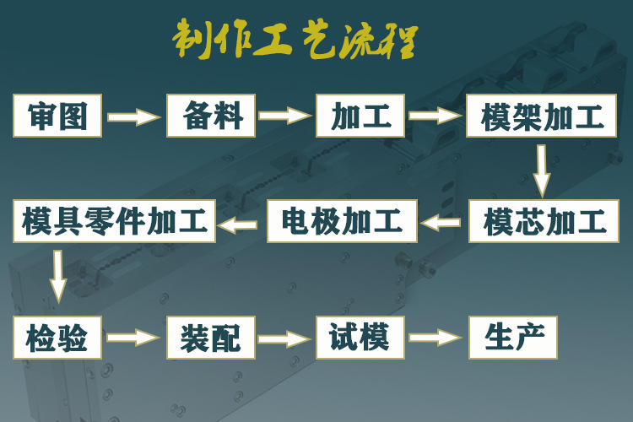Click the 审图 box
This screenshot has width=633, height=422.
click(x=58, y=116)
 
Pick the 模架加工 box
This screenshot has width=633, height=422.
click(x=543, y=116)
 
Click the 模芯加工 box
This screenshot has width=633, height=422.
click(x=543, y=222)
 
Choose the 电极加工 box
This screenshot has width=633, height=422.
click(x=343, y=222)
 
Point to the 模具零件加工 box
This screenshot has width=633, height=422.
click(x=115, y=222)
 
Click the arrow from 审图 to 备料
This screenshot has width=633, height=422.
click(x=133, y=117)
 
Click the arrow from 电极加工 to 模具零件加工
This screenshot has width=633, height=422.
click(x=240, y=224)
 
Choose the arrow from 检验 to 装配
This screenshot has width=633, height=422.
click(x=133, y=338)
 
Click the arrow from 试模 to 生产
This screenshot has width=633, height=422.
click(x=436, y=338)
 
